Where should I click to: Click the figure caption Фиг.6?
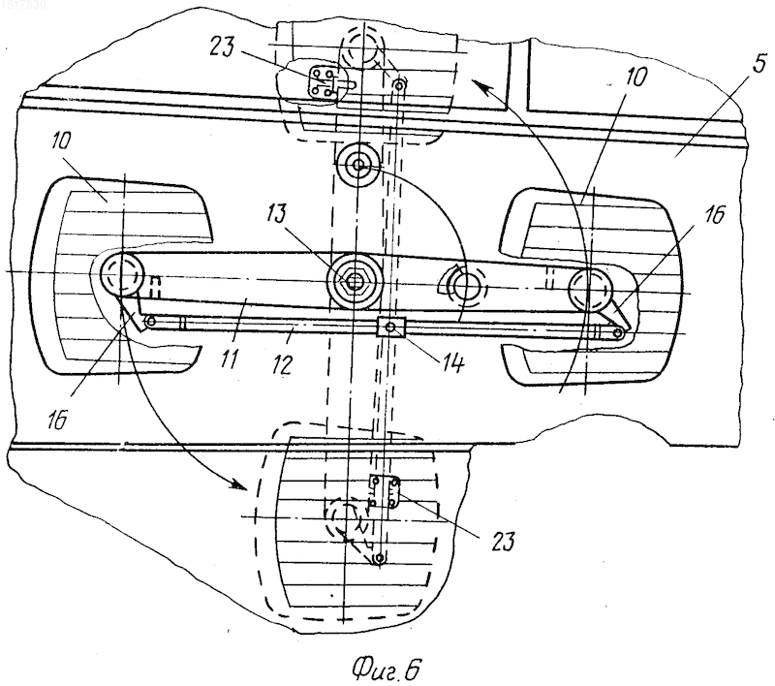coord(386,670)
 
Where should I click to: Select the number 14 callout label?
coord(450,363)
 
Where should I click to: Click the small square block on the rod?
coord(391,327)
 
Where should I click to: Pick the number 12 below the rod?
coord(282,364)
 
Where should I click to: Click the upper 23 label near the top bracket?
coord(222,47)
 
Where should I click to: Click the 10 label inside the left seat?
coord(61,141)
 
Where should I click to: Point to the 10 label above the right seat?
coord(635,78)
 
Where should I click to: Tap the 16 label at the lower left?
coord(57,421)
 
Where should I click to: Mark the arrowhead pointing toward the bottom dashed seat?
coord(237,483)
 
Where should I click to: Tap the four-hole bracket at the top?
coord(322,82)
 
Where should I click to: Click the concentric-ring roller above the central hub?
coord(357,163)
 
